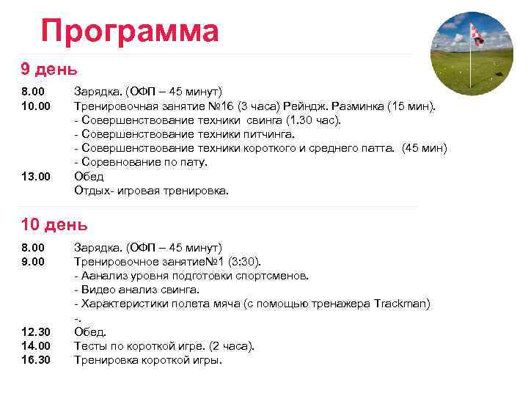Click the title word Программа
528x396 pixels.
point(130,32)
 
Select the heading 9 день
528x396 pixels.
point(49,69)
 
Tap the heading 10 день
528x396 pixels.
point(54,224)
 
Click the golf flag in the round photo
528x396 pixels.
point(476,33)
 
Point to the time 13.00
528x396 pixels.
point(35,176)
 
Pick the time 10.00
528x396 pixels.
point(35,106)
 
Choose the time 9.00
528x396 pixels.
point(32,261)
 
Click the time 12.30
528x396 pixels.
point(35,331)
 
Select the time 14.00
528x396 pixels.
point(35,345)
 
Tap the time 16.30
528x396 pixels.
point(35,359)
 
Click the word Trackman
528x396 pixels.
point(401,304)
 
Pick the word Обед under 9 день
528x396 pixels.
point(89,176)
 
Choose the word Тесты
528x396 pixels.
point(91,345)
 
